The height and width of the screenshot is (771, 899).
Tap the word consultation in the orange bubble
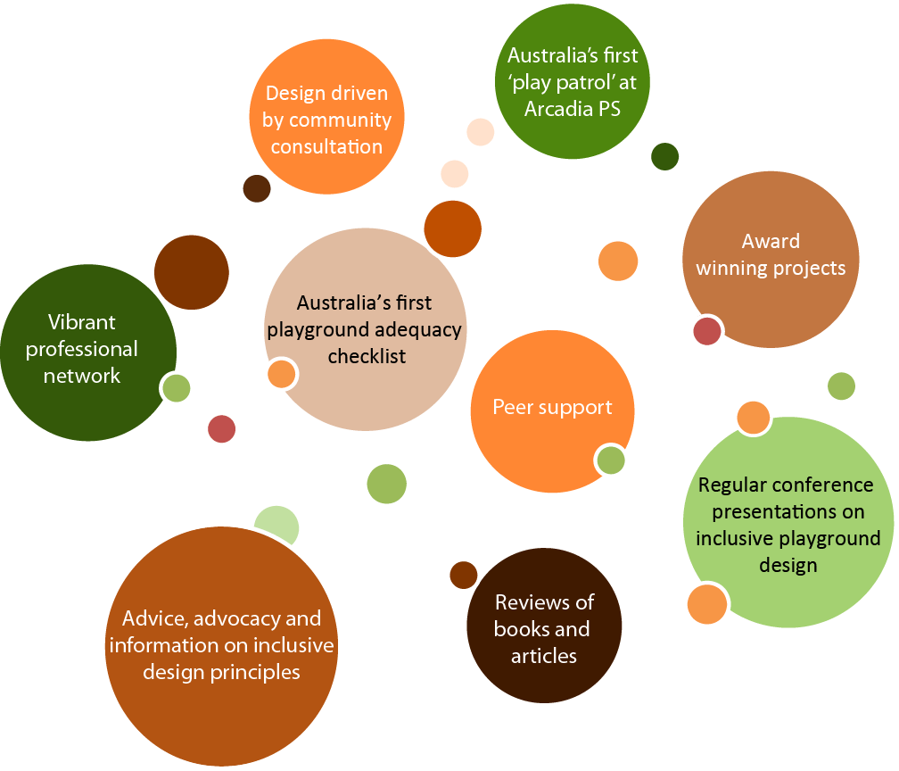[x=326, y=146]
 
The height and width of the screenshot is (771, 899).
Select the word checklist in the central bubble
[x=367, y=356]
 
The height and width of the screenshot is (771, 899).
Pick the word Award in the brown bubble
[x=771, y=241]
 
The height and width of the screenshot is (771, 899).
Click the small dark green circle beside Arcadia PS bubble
[x=665, y=156]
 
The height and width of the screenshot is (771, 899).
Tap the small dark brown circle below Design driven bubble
[x=257, y=188]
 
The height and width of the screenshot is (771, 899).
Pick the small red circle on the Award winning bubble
[x=707, y=330]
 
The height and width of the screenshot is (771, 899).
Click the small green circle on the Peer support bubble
[x=611, y=460]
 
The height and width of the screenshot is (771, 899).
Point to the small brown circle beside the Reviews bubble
[x=463, y=575]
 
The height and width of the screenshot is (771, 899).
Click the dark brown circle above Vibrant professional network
[x=191, y=272]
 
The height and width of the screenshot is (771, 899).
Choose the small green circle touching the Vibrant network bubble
[x=176, y=388]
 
